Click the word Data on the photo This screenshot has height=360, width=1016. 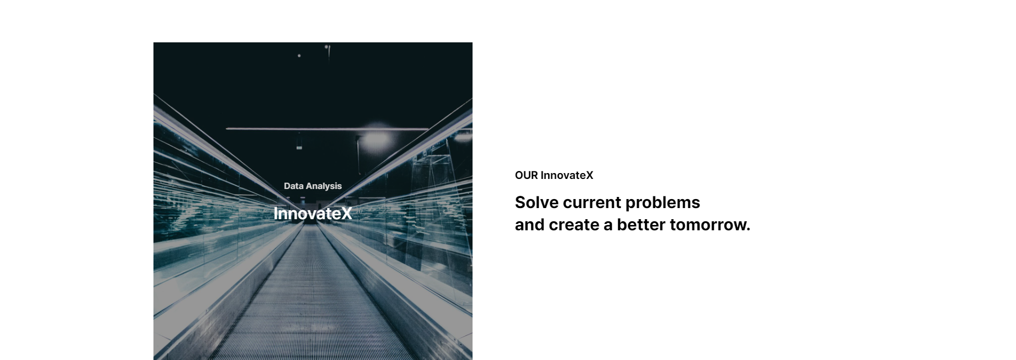point(294,186)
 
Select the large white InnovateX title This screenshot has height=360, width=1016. point(313,213)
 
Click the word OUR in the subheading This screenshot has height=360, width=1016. point(526,175)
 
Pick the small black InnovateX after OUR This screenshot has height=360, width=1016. point(567,175)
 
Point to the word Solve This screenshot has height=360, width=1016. point(537,202)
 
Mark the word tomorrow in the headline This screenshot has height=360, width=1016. point(707,225)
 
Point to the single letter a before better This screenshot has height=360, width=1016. point(608,226)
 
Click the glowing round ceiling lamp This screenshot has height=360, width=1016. point(377,138)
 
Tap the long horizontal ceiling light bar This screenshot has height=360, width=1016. point(327,129)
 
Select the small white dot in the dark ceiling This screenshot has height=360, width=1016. point(299,56)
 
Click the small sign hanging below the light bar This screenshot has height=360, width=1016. point(299,147)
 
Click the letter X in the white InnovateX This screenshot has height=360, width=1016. point(346,213)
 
